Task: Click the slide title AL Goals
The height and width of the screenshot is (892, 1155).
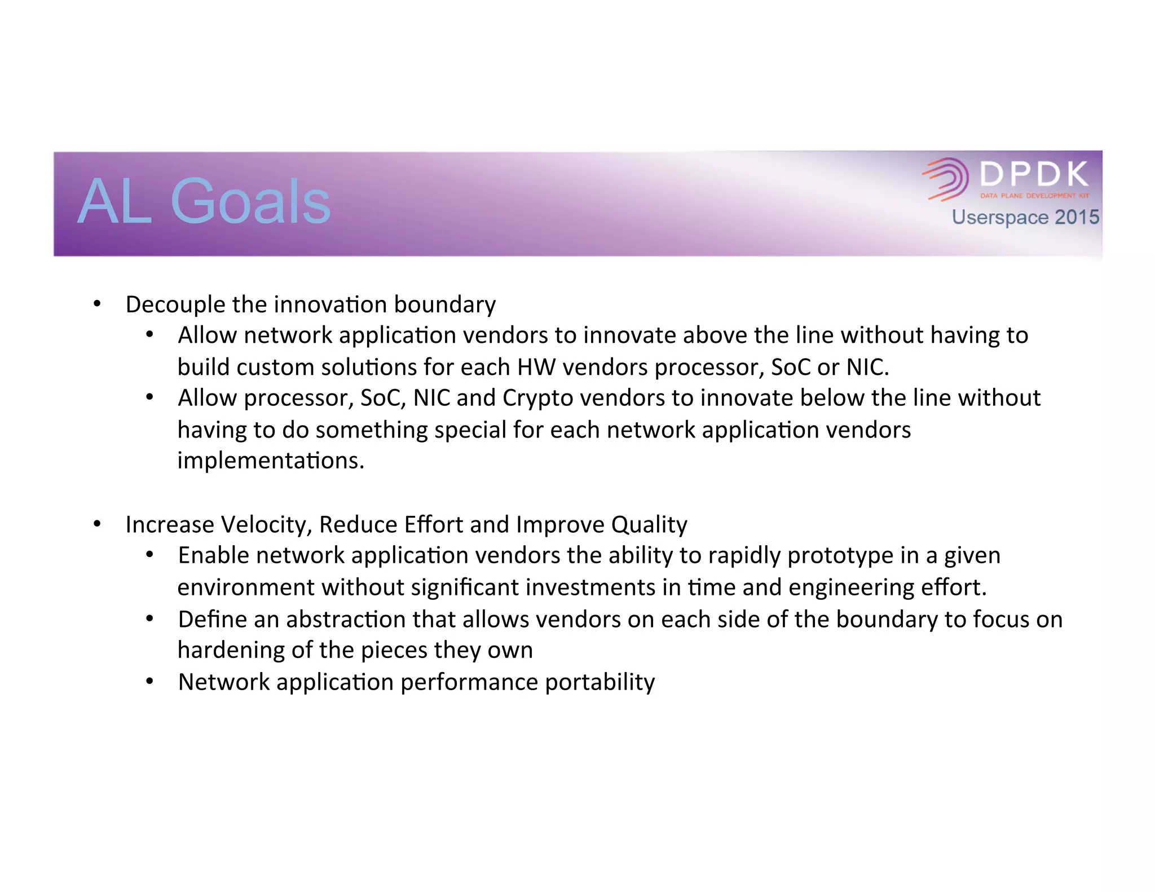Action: pyautogui.click(x=204, y=201)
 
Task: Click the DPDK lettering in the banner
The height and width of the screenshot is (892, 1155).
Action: pyautogui.click(x=1034, y=174)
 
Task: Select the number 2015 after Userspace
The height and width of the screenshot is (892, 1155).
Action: pyautogui.click(x=1077, y=217)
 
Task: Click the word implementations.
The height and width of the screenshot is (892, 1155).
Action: pyautogui.click(x=271, y=461)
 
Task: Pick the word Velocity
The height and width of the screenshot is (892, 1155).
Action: pyautogui.click(x=267, y=525)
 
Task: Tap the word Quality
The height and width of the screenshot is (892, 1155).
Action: pyautogui.click(x=649, y=525)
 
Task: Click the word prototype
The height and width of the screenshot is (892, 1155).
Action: pyautogui.click(x=840, y=556)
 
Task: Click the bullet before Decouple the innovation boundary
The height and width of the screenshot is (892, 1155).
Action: pyautogui.click(x=98, y=304)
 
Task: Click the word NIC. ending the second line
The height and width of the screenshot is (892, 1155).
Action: pyautogui.click(x=867, y=368)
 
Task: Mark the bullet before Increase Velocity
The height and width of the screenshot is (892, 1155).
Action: pyautogui.click(x=98, y=524)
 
